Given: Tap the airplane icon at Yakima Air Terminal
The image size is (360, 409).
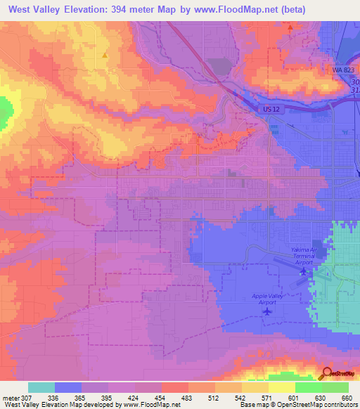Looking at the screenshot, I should click(x=304, y=271).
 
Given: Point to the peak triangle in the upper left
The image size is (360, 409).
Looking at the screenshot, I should click(x=105, y=54).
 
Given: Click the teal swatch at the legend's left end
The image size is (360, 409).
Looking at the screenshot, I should click(x=41, y=387).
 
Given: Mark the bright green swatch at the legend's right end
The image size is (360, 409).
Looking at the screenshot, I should click(x=335, y=387).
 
